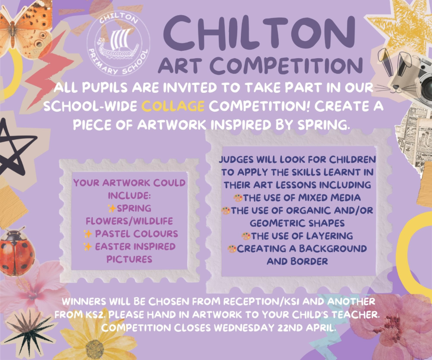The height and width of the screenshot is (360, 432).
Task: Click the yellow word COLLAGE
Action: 173,106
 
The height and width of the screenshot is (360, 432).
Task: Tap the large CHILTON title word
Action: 259,33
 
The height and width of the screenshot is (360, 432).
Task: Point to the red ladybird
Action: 17,251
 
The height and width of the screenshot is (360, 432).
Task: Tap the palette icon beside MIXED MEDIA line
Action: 238,198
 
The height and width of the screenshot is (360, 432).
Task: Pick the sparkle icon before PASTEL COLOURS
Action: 88,234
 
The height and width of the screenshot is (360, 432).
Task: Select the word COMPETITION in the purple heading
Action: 287,66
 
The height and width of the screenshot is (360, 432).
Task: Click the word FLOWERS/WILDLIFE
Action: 129,221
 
